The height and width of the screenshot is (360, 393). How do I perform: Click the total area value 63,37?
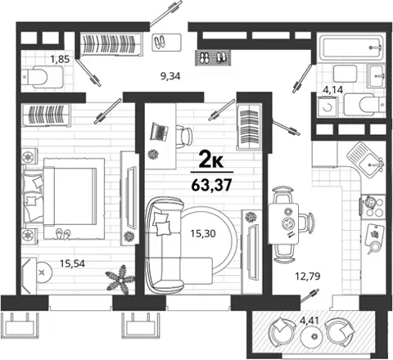point(212,185)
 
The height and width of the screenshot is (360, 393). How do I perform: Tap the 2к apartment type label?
point(211,160)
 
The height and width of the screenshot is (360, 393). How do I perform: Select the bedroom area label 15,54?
point(72,263)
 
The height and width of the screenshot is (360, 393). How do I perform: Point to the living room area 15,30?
point(203,233)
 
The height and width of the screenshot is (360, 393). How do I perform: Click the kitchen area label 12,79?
point(308,277)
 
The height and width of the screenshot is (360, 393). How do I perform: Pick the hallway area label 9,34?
point(170,76)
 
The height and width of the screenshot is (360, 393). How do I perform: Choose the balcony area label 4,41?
point(309,320)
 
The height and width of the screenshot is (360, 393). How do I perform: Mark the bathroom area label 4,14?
point(332,89)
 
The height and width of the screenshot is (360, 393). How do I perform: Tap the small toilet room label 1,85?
point(60,59)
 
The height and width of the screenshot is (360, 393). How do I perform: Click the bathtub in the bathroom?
point(351,47)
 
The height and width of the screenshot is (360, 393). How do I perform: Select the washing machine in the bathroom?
point(327,107)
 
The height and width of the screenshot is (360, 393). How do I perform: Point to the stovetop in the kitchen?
point(373,206)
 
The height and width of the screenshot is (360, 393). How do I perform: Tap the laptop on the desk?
point(159,132)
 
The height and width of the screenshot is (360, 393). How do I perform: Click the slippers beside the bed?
point(63,234)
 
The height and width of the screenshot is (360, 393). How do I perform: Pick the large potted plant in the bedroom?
point(120,280)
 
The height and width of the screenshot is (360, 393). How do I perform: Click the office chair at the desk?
point(183,136)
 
